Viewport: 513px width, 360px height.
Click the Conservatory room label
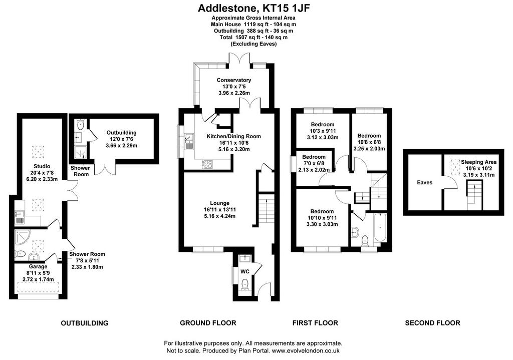click(233, 80)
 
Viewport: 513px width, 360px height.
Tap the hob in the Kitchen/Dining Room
click(207, 164)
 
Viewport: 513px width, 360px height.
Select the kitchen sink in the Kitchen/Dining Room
click(189, 142)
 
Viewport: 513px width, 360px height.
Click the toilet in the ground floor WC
click(244, 285)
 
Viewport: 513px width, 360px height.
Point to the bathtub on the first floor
click(380, 228)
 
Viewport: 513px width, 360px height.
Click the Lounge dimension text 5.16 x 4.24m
click(219, 216)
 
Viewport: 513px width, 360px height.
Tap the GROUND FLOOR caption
click(208, 323)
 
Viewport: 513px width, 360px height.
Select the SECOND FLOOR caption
click(432, 323)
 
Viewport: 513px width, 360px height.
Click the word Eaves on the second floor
click(425, 182)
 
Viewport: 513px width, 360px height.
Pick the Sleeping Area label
click(478, 162)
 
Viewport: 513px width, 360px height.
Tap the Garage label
click(38, 266)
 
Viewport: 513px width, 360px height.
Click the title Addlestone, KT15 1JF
click(253, 8)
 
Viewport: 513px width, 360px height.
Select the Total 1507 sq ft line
click(253, 37)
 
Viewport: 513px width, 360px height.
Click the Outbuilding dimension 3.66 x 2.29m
click(121, 146)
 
